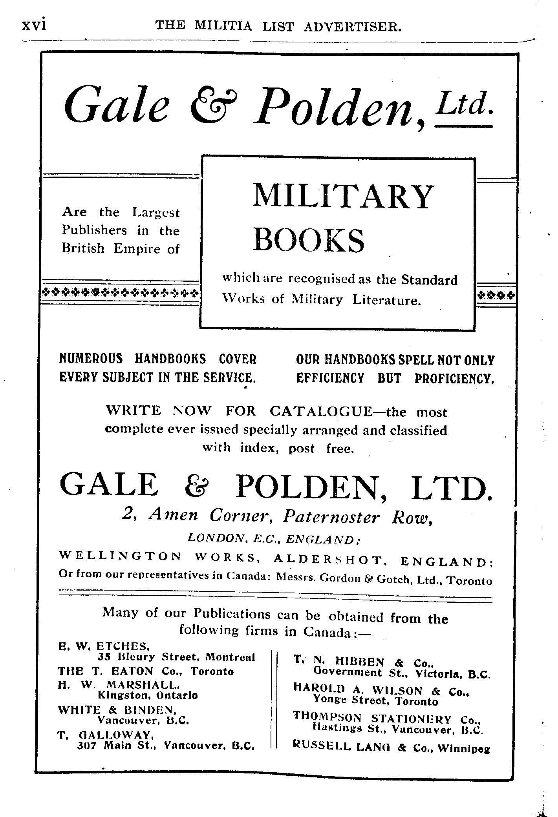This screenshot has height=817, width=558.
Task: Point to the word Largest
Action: pyautogui.click(x=156, y=212)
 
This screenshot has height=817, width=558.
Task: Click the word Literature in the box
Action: pyautogui.click(x=386, y=300)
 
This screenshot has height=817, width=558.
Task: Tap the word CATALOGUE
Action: pyautogui.click(x=320, y=411)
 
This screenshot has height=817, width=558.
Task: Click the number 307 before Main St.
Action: pyautogui.click(x=85, y=746)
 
